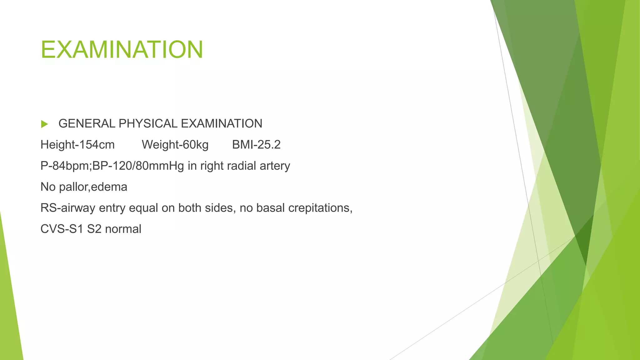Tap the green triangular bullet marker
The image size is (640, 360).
pyautogui.click(x=44, y=124)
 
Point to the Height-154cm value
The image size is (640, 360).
pyautogui.click(x=77, y=145)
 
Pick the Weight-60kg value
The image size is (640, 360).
pyautogui.click(x=175, y=145)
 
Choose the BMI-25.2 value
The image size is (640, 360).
pyautogui.click(x=256, y=145)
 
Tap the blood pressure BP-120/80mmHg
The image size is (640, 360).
pyautogui.click(x=138, y=166)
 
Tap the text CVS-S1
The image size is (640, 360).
pyautogui.click(x=62, y=229)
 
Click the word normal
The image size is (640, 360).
pyautogui.click(x=123, y=229)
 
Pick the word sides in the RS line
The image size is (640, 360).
pyautogui.click(x=220, y=208)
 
